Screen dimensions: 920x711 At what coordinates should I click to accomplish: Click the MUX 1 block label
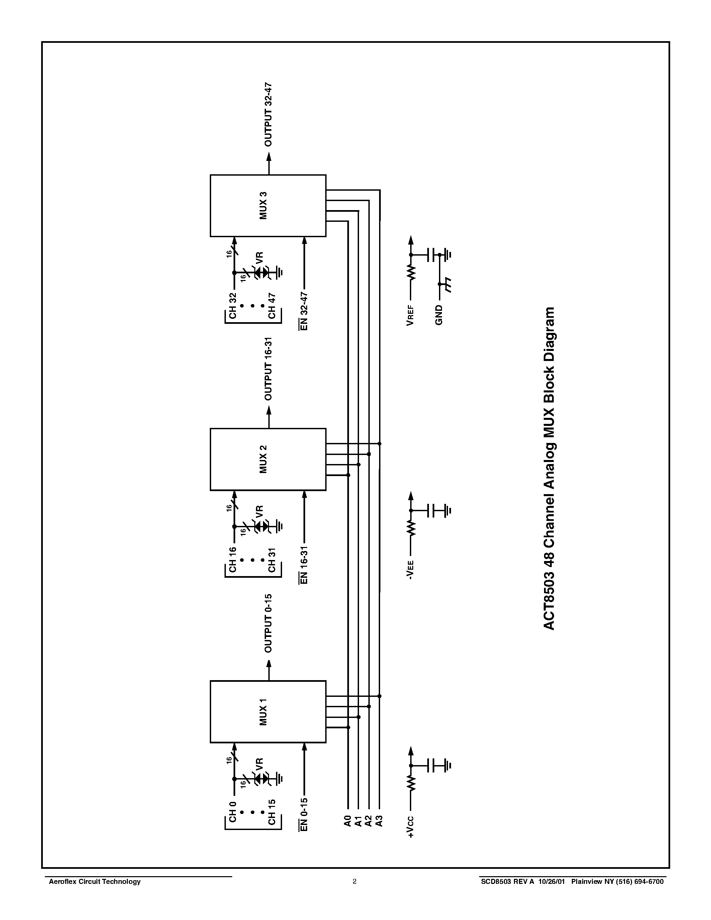pyautogui.click(x=263, y=712)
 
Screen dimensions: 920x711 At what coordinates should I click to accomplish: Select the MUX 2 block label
pyautogui.click(x=263, y=459)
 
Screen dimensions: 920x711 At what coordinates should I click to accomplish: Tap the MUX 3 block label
pyautogui.click(x=263, y=205)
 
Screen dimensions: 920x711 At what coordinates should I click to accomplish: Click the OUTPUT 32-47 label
pyautogui.click(x=268, y=114)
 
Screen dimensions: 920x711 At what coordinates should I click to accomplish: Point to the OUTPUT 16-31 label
pyautogui.click(x=268, y=369)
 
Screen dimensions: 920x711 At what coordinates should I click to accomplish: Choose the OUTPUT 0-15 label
pyautogui.click(x=268, y=624)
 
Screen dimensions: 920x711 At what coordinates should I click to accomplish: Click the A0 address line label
pyautogui.click(x=348, y=821)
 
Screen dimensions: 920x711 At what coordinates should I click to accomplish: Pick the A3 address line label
pyautogui.click(x=379, y=821)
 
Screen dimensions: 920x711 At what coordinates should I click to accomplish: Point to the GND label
pyautogui.click(x=439, y=315)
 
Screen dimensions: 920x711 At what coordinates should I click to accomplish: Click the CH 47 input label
pyautogui.click(x=272, y=306)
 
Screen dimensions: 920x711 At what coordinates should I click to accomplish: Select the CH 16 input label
pyautogui.click(x=233, y=560)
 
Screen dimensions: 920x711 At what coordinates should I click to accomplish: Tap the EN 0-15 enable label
pyautogui.click(x=304, y=814)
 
